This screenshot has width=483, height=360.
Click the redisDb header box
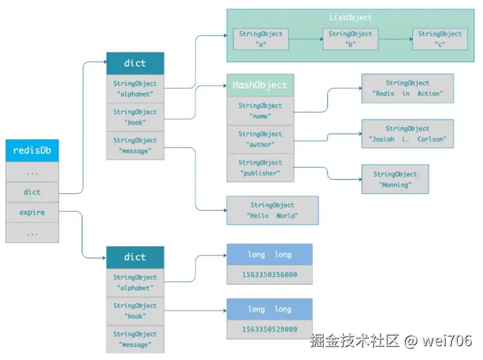coord(32,150)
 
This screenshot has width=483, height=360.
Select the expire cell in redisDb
coord(32,213)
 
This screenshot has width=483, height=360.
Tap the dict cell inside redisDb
coord(32,192)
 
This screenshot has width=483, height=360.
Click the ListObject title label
coord(351,18)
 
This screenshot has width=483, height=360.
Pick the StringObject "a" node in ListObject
coord(260,39)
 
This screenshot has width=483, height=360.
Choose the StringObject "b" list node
coord(350,39)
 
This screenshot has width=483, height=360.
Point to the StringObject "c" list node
coord(440,39)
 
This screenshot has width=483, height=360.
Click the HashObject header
coord(260,85)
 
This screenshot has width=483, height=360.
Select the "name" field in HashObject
coord(260,111)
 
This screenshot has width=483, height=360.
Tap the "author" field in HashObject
coord(260,139)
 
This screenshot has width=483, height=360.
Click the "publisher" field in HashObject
coord(260,167)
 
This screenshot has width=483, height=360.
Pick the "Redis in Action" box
coord(407,88)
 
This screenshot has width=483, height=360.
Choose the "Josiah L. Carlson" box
coord(407,134)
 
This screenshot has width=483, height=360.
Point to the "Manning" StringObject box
coord(395,179)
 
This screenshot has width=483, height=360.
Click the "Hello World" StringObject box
coord(272,211)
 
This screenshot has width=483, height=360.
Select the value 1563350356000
coord(269,275)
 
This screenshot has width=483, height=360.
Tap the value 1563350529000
coord(269,329)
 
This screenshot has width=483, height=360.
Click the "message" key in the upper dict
coord(135,146)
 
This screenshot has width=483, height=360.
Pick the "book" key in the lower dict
coord(135,311)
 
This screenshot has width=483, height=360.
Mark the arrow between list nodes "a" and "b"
coord(306,40)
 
